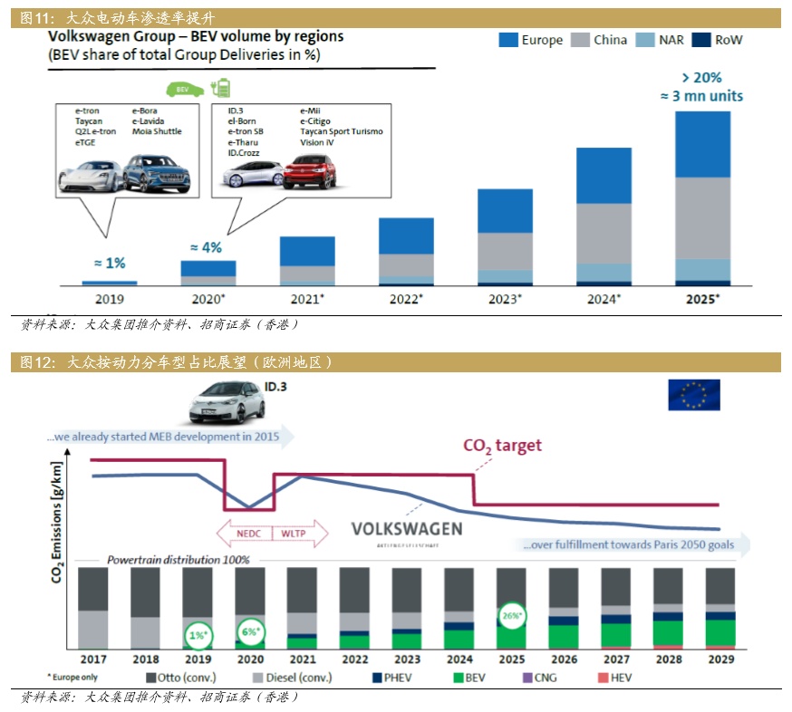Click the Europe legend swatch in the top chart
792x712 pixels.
[x=507, y=40]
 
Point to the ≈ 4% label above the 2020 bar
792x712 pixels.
[x=206, y=246]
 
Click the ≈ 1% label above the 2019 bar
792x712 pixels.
[x=111, y=263]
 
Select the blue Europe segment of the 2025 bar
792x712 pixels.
[x=701, y=144]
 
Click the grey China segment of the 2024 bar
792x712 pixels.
[x=604, y=233]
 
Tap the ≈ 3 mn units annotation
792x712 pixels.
[x=701, y=96]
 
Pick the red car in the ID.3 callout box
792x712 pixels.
[x=309, y=171]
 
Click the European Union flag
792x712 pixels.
[x=693, y=395]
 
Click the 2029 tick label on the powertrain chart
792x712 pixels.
[x=720, y=659]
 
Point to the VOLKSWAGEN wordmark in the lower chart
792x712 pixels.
[x=406, y=529]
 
